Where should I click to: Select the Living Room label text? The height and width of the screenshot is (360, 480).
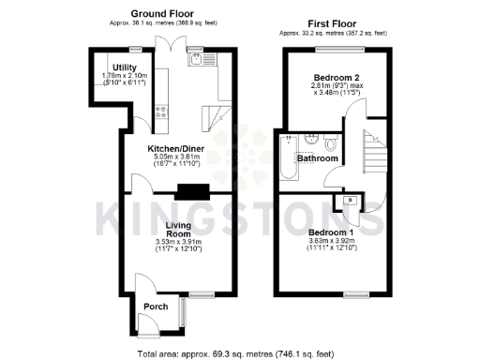click(x=178, y=231)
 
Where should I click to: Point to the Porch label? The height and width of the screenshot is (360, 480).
click(x=156, y=307)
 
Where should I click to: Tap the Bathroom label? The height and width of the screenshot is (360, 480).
click(x=317, y=159)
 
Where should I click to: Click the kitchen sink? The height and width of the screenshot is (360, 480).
click(x=197, y=60)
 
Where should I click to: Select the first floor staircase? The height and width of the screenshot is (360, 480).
click(x=372, y=150)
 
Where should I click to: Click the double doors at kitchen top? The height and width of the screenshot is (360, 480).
click(x=165, y=45)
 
